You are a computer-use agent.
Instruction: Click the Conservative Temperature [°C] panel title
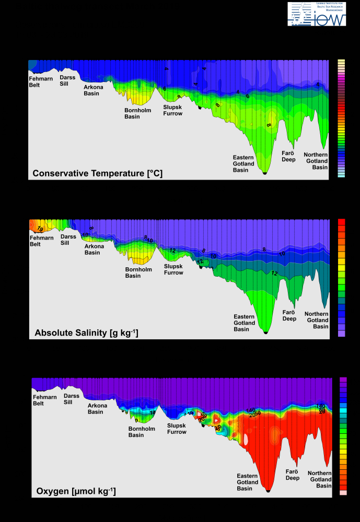tap(97, 173)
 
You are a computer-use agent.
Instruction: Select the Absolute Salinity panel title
tap(86, 332)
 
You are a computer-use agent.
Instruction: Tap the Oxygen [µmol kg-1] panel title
tap(76, 491)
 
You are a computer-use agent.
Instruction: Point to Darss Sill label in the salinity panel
tap(68, 240)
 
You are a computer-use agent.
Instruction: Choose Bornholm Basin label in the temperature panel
tap(136, 113)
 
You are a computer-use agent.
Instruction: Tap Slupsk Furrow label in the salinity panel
tap(173, 269)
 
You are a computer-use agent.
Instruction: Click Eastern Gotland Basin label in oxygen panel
tap(247, 482)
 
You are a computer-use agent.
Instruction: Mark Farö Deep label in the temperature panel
tap(289, 156)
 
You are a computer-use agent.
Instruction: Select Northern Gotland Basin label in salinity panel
tap(316, 319)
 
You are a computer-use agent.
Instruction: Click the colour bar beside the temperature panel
tap(342, 119)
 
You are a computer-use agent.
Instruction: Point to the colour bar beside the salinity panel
tap(342, 278)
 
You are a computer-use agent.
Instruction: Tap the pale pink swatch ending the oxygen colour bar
tap(343, 492)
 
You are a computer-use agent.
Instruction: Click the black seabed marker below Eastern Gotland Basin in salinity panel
tap(266, 332)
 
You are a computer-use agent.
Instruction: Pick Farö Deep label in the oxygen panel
tap(292, 474)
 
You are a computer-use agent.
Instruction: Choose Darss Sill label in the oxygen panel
tap(72, 399)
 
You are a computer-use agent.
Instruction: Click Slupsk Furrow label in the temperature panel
tap(172, 110)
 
